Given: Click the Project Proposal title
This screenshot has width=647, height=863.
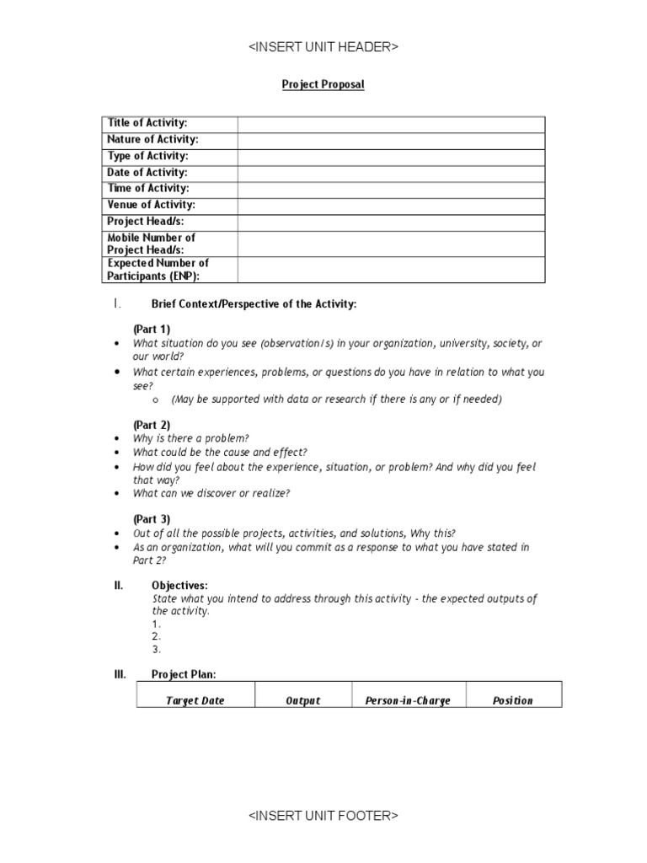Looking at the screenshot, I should tap(323, 85).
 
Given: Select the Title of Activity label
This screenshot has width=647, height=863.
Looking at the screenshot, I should tap(147, 124).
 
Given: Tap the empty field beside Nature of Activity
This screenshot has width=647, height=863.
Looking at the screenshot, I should tap(391, 140).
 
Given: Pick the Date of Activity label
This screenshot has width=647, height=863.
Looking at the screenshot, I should tap(147, 173).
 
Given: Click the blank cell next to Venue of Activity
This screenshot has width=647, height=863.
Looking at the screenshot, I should tap(391, 205).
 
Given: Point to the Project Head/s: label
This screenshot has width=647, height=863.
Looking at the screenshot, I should tap(146, 222).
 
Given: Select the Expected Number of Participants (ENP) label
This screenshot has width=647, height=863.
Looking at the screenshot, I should tap(158, 270).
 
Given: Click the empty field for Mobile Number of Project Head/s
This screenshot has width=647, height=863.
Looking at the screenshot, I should tap(391, 244).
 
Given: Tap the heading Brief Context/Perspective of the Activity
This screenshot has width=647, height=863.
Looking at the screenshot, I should tap(254, 304).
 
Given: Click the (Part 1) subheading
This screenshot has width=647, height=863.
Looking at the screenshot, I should tap(152, 329).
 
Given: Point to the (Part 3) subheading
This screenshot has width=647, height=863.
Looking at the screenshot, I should tap(152, 519).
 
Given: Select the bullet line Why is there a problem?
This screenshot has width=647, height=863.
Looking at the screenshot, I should tap(190, 438).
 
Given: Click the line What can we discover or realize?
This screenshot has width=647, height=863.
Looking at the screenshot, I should tap(211, 493).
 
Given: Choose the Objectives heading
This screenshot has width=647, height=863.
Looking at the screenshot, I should tap(179, 585).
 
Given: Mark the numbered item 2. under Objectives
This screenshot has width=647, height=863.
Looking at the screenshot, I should tap(156, 637).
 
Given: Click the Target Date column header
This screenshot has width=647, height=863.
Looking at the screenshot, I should tap(195, 700).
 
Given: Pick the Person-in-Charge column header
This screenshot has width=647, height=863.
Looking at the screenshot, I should tap(408, 700).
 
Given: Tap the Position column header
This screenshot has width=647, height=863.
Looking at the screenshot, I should tap(512, 700).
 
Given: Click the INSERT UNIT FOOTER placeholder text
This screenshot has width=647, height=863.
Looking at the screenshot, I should tap(323, 816).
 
